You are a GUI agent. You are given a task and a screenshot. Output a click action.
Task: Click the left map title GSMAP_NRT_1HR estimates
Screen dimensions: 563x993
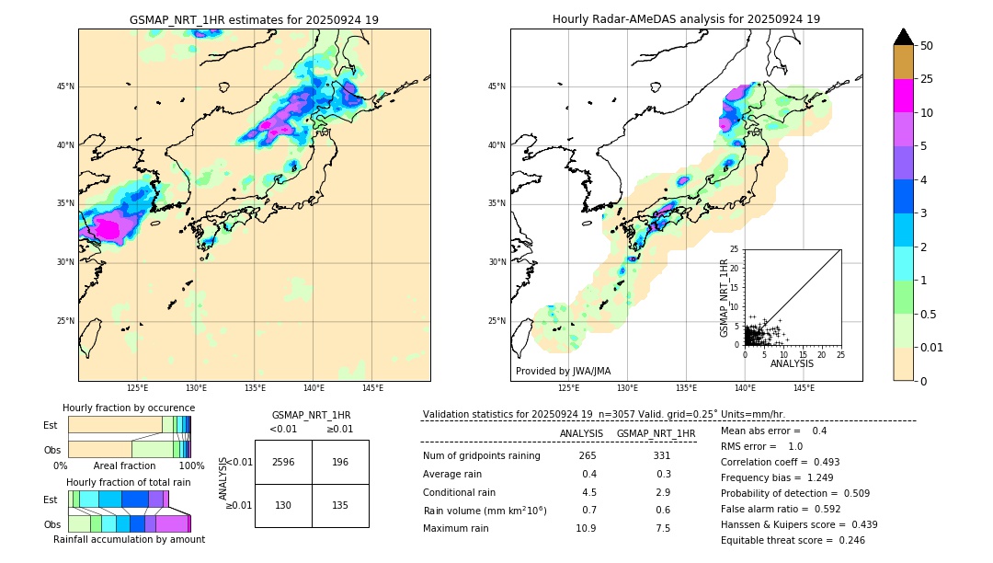coord(254,19)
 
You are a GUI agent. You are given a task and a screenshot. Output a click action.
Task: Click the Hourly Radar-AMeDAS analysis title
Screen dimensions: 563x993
coord(686,19)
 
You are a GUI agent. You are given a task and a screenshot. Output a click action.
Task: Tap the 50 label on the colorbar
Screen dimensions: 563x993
coord(927,46)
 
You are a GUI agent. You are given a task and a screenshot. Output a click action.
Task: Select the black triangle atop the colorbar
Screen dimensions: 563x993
coord(904,37)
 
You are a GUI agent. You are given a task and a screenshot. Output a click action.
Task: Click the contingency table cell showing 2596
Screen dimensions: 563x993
coord(283,462)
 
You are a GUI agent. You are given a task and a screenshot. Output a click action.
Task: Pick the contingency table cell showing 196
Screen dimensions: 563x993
coord(340,462)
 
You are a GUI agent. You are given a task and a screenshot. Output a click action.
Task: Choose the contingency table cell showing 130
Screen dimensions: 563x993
coord(283,505)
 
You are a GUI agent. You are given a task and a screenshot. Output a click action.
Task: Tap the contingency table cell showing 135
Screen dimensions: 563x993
coord(340,505)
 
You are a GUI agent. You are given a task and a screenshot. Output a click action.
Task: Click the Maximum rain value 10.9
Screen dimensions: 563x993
coord(586,528)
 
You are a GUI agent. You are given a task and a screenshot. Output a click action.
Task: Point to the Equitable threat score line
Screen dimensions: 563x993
coord(793,540)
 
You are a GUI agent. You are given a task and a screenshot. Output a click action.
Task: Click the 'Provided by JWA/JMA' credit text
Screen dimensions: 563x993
coord(563,372)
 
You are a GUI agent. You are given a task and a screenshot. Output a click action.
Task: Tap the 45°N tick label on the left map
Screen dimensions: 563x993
coord(65,86)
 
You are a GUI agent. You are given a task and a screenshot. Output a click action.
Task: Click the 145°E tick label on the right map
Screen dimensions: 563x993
coord(804,388)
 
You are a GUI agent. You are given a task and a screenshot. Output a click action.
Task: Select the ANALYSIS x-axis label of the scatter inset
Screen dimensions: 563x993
coord(792,363)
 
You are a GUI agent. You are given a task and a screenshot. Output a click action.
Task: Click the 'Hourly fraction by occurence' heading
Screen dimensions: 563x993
coord(129,408)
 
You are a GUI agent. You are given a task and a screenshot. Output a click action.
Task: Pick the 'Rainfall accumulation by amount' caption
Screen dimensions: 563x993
coord(129,539)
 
